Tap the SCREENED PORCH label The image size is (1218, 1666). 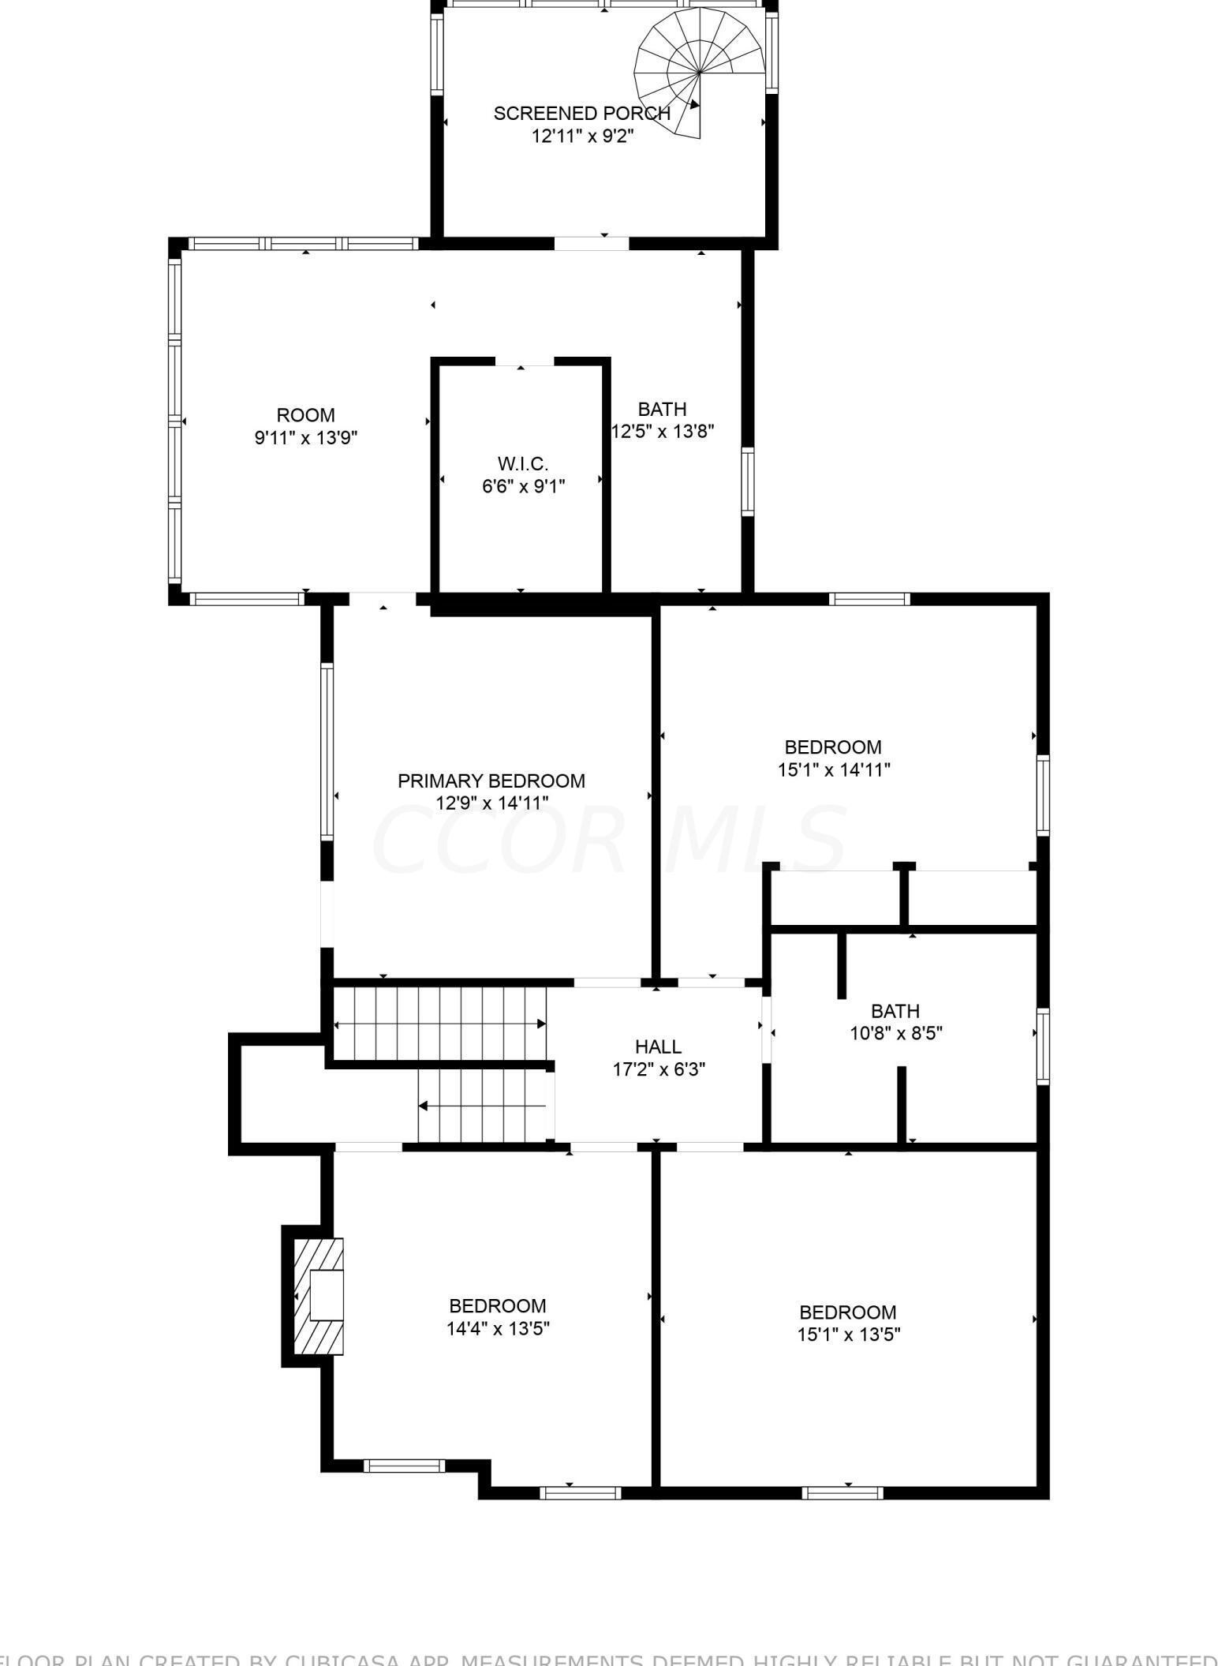(581, 114)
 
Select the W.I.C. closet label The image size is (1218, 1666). (522, 463)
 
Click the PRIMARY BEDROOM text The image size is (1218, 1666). (491, 781)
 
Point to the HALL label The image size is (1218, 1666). (658, 1046)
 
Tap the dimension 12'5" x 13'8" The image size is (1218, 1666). (663, 431)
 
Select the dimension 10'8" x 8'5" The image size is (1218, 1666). (895, 1033)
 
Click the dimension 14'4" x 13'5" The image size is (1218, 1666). (498, 1328)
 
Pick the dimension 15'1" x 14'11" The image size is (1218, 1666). (833, 769)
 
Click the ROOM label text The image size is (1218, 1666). (305, 415)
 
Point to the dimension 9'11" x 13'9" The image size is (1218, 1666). (305, 437)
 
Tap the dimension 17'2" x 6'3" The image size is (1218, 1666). (658, 1069)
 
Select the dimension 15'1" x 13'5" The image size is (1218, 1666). (848, 1334)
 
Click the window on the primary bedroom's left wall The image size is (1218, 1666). (326, 751)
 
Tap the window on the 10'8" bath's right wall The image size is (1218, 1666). (1042, 1046)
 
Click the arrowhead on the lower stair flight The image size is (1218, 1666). (424, 1106)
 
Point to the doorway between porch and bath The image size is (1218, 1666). (592, 243)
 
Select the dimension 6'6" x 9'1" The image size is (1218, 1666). (523, 485)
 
